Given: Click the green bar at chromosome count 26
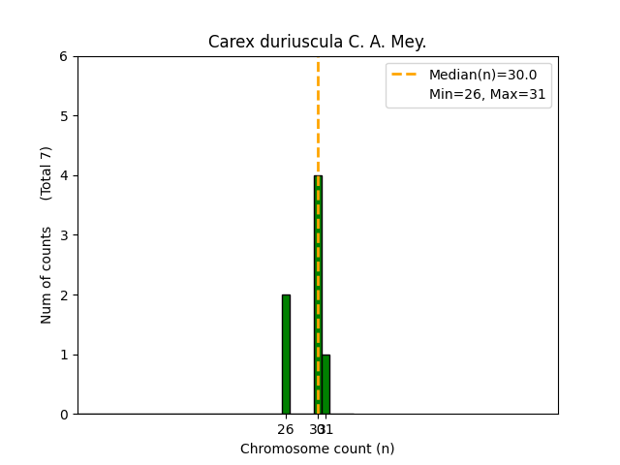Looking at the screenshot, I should coord(286,354).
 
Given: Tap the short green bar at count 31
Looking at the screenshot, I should coord(325,384).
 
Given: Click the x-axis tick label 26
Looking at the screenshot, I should coord(286,429).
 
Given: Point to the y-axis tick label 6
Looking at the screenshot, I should coord(63,56).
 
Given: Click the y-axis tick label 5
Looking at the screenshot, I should coord(63,116).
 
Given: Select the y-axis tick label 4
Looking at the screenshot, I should coord(63,175).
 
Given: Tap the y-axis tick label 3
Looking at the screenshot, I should coord(63,235).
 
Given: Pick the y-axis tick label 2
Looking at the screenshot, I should coord(63,294).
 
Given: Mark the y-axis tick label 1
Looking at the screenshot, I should coord(63,355).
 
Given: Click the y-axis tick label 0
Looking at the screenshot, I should coord(63,415).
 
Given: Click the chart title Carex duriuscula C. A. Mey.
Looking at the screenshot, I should coord(317,42).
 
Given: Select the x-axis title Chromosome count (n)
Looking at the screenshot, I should coord(317,449).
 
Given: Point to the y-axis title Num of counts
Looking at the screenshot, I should coord(46,274).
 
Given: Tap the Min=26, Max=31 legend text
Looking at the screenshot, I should coord(489,94).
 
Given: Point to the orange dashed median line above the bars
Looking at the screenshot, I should coord(318,116).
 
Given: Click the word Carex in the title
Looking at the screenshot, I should coord(229,42).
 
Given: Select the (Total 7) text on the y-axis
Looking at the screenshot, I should coord(46,172).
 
